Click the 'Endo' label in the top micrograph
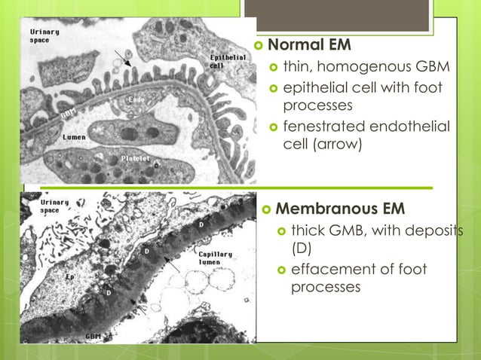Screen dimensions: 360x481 (136, 99)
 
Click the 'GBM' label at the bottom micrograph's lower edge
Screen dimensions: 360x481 (93, 335)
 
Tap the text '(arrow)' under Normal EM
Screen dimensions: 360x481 (339, 144)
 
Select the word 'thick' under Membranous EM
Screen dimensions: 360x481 (308, 230)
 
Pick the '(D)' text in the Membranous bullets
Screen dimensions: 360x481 (302, 248)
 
